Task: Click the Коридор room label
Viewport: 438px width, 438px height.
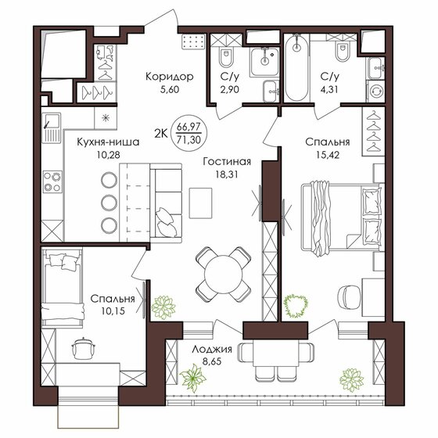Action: click(170, 77)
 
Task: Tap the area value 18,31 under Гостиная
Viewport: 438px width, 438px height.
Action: click(227, 174)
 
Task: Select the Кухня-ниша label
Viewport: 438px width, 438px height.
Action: click(108, 142)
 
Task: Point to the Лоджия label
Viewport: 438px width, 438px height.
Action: click(212, 349)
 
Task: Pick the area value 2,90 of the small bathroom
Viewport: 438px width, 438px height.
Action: click(230, 89)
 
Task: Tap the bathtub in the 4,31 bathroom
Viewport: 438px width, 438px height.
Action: click(296, 67)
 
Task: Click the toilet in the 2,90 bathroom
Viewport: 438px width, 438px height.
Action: click(226, 57)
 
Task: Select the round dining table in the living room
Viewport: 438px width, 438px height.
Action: click(223, 275)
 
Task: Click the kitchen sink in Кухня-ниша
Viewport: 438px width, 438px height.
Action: click(52, 128)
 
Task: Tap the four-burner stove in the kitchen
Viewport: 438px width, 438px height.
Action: click(52, 181)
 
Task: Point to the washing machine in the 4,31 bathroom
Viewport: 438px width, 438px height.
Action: click(375, 92)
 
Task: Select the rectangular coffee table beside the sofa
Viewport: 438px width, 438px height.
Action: click(200, 203)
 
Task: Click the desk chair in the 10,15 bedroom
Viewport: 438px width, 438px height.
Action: click(83, 348)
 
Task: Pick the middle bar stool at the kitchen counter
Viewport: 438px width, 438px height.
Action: click(109, 203)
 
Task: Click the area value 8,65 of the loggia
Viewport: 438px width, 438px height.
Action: click(212, 361)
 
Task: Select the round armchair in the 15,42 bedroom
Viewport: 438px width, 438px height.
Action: click(349, 297)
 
